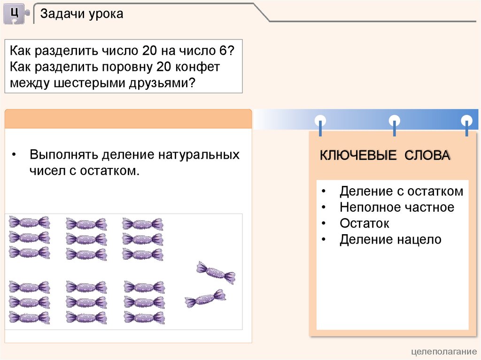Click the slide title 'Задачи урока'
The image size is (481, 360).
coord(82,14)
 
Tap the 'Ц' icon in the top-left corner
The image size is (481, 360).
coord(16,13)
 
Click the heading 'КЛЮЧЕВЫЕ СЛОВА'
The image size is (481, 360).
coord(385,156)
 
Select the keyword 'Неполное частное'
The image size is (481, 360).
coord(397,207)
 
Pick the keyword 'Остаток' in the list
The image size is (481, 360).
coord(365,223)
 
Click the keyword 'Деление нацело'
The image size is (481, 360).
coord(390,240)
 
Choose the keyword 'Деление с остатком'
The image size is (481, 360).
coord(401,191)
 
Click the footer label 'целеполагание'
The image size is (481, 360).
coord(444,352)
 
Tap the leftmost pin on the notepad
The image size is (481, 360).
coord(320,122)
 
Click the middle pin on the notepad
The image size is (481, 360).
coord(395,122)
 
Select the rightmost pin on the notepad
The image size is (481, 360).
coord(466,122)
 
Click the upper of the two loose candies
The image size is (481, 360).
coord(216,272)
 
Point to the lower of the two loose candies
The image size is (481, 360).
coord(205,299)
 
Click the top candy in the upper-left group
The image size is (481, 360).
coord(29,222)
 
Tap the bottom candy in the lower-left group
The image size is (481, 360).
coord(29,318)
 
